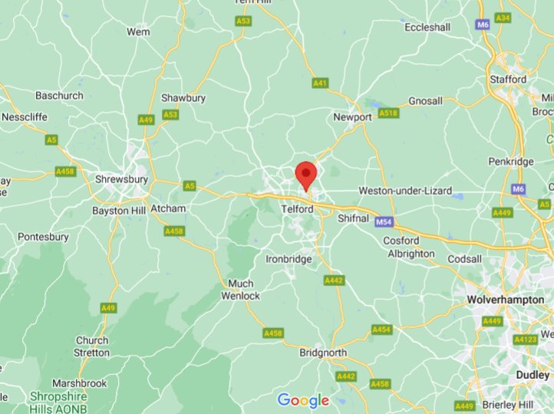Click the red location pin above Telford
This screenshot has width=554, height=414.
point(306,173)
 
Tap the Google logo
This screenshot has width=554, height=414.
point(303,400)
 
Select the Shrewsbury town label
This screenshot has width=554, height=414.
point(120,179)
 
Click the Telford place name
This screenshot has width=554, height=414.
point(298,209)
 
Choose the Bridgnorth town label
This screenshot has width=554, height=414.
point(322,353)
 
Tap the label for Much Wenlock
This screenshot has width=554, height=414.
point(241,289)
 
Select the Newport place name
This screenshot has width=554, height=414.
point(352,117)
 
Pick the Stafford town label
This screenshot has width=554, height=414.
point(508,79)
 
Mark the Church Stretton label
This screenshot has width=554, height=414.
point(92,347)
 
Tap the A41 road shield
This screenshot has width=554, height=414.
point(321,82)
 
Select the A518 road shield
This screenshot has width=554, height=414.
point(388,113)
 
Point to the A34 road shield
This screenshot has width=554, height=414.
point(503,18)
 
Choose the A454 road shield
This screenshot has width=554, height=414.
point(381,329)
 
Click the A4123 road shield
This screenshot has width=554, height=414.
point(526,339)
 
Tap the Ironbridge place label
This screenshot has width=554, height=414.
point(289,259)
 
